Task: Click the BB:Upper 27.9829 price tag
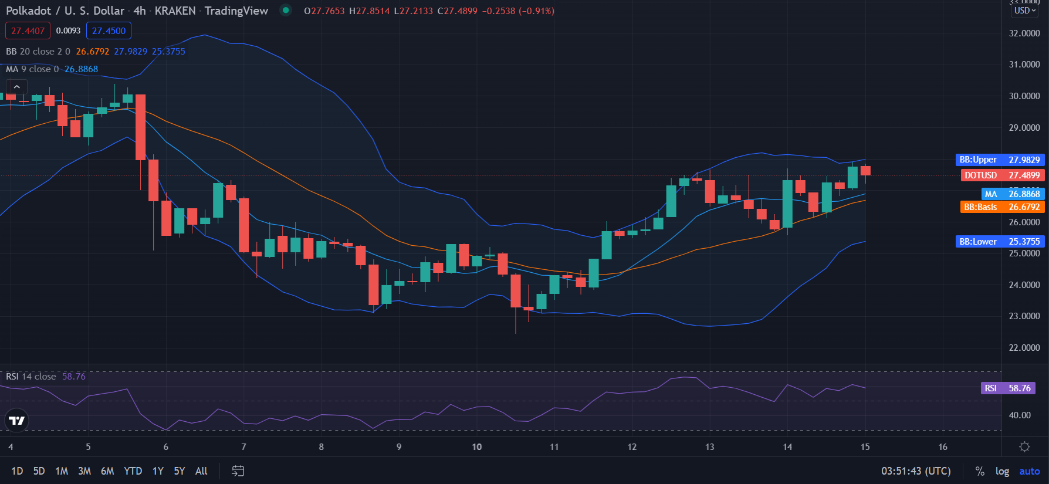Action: point(1000,160)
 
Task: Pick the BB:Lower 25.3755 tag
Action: point(1000,242)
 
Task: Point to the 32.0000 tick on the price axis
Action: point(1024,33)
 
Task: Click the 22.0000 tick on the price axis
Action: point(1024,348)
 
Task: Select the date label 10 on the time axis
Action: point(477,447)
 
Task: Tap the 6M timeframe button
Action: point(107,471)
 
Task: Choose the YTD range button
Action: point(133,471)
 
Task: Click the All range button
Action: point(201,471)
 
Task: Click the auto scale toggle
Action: point(1029,472)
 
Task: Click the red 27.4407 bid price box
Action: point(28,31)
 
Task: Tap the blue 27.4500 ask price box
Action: point(109,31)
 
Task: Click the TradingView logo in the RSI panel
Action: point(16,420)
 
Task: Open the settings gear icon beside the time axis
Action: point(1024,447)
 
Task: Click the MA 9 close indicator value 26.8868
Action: point(81,69)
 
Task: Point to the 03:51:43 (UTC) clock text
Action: point(916,471)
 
